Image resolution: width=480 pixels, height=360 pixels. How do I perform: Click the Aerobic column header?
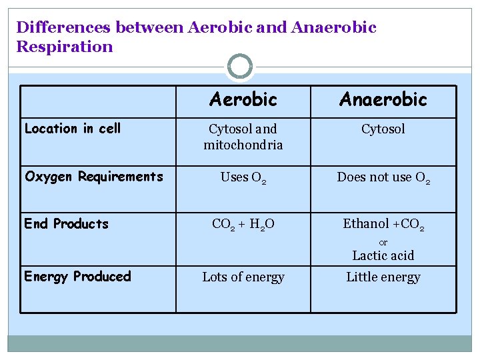(243, 99)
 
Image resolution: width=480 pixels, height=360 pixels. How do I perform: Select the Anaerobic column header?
(383, 99)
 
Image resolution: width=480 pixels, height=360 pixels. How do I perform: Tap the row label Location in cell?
(73, 129)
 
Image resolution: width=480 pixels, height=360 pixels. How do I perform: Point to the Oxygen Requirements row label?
(93, 177)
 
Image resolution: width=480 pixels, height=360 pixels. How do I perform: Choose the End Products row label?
(66, 223)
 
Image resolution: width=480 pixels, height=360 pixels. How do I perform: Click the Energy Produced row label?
(77, 276)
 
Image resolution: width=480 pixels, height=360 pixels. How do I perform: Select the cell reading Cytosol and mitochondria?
(243, 137)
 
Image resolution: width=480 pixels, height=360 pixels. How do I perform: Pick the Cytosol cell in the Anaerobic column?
(383, 129)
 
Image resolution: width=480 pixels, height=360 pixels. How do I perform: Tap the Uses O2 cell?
(243, 177)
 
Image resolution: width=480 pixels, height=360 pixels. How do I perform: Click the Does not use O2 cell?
(383, 177)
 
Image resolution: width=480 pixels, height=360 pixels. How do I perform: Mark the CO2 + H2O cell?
(243, 224)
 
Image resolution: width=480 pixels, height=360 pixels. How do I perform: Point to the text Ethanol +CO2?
(383, 224)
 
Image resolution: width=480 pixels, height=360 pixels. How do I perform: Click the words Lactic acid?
(383, 255)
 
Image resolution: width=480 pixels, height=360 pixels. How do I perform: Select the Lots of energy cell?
(243, 277)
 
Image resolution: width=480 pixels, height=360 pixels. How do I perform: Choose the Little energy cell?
(383, 277)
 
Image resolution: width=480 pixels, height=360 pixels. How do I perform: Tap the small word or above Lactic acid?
(383, 242)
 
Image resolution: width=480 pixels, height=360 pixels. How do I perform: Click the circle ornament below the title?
(240, 67)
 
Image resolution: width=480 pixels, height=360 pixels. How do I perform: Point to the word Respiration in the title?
(65, 47)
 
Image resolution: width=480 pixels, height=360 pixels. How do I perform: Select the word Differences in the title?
(63, 27)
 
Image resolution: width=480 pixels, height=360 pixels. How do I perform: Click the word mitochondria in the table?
(243, 144)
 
